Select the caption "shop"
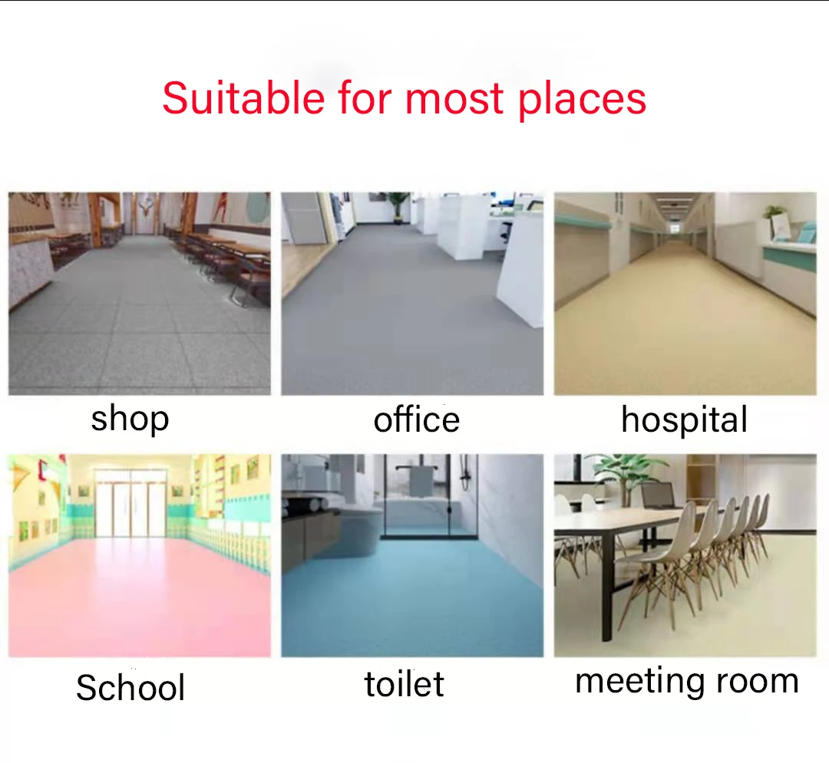pos(130,419)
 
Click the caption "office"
pos(416,419)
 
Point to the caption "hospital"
pos(683,420)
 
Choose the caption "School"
pos(130,688)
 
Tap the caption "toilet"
pos(404,684)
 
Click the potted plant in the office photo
pos(397,204)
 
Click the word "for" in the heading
pos(364,98)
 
